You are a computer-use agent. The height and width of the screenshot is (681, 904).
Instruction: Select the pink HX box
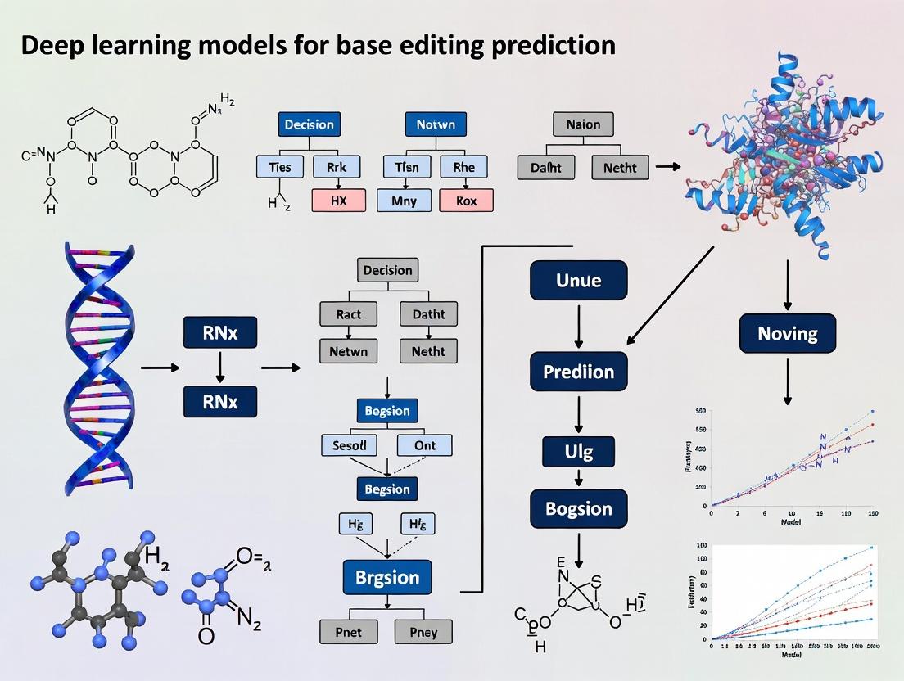click(x=339, y=200)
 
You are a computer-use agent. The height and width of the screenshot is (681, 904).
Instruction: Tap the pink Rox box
click(x=466, y=200)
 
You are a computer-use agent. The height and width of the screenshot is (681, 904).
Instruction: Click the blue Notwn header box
click(x=436, y=125)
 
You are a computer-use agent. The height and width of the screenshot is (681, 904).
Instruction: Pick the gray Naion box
click(x=582, y=125)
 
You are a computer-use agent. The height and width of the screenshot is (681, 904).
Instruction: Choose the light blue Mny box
click(x=405, y=200)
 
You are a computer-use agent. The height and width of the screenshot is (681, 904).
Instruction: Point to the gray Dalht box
click(x=545, y=168)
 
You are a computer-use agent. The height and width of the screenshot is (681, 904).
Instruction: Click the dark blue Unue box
click(x=578, y=280)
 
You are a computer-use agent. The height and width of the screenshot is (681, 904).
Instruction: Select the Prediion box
click(x=578, y=371)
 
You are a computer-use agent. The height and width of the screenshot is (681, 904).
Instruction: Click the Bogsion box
click(x=578, y=508)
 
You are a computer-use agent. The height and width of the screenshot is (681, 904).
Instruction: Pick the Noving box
click(x=788, y=333)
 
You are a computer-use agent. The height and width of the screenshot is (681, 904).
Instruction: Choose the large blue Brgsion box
click(x=387, y=576)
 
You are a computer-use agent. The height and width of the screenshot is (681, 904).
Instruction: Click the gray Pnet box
click(x=350, y=631)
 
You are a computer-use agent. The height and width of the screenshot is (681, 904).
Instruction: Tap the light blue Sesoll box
click(x=350, y=446)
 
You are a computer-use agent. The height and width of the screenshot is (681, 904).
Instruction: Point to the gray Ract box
click(x=350, y=313)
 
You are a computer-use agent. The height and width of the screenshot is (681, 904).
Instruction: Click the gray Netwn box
click(x=350, y=352)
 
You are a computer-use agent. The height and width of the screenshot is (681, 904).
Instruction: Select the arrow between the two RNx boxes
click(x=219, y=368)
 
